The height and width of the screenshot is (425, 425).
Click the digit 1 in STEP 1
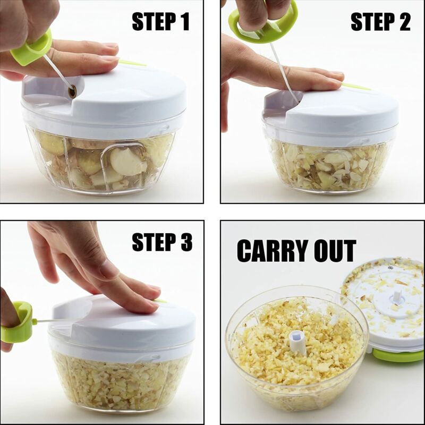(183, 22)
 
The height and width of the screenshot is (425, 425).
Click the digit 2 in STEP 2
(404, 22)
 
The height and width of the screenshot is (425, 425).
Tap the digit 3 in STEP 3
(184, 242)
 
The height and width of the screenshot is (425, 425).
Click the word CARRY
(274, 251)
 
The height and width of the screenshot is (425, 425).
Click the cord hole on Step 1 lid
(72, 92)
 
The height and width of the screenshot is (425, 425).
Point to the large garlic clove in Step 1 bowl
(127, 161)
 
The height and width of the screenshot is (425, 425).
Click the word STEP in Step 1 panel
(152, 22)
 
